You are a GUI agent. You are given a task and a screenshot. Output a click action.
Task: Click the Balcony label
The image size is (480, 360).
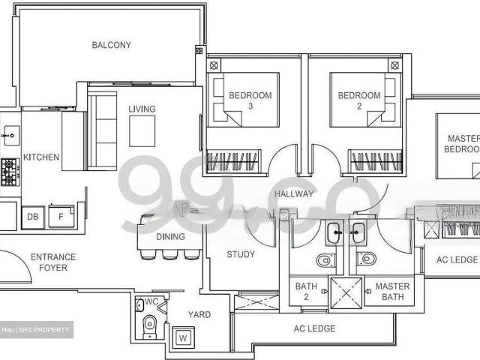tap(111, 45)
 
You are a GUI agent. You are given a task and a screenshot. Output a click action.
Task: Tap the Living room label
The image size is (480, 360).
tap(142, 109)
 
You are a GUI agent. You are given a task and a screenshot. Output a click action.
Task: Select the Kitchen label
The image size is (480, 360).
tap(41, 157)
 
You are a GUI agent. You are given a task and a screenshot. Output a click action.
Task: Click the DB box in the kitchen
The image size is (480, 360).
tap(32, 217)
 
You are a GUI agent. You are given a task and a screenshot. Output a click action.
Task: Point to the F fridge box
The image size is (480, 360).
tap(61, 217)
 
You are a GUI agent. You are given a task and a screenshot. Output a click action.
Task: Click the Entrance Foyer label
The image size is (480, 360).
tap(53, 262)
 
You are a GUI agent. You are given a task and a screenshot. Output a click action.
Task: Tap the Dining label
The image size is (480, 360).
tap(171, 237)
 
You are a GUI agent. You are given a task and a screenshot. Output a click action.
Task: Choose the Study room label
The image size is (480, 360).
tap(240, 254)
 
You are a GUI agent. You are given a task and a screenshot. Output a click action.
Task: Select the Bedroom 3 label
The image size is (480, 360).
tap(250, 100)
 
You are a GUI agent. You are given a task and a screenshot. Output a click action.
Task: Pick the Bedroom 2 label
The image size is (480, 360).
tap(359, 100)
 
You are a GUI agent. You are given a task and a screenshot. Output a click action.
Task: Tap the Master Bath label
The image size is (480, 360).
tap(392, 291)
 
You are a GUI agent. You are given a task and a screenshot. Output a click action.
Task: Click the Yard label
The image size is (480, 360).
tap(199, 315)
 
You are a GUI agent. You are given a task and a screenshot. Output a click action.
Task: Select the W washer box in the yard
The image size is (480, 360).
tap(182, 338)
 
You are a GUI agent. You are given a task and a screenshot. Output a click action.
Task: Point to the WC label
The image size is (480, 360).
tap(151, 302)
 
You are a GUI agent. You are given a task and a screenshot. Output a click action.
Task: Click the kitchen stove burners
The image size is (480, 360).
tap(9, 172)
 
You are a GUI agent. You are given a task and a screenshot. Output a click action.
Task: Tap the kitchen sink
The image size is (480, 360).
tap(10, 136)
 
